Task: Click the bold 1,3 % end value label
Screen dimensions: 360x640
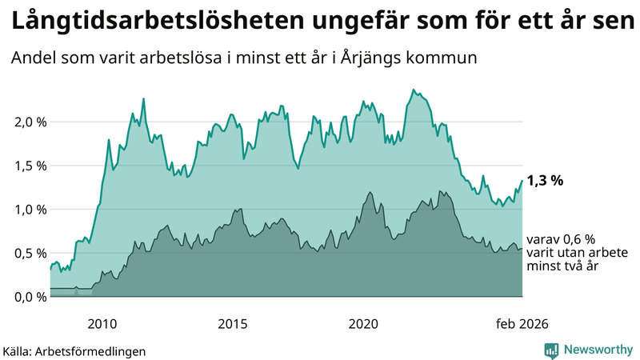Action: pos(545,181)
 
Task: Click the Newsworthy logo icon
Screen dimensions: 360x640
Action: pos(551,350)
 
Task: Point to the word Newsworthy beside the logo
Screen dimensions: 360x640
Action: pos(597,350)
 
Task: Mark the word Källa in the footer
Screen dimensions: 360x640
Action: pos(18,351)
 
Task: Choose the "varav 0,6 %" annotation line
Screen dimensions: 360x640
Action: pos(561,239)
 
